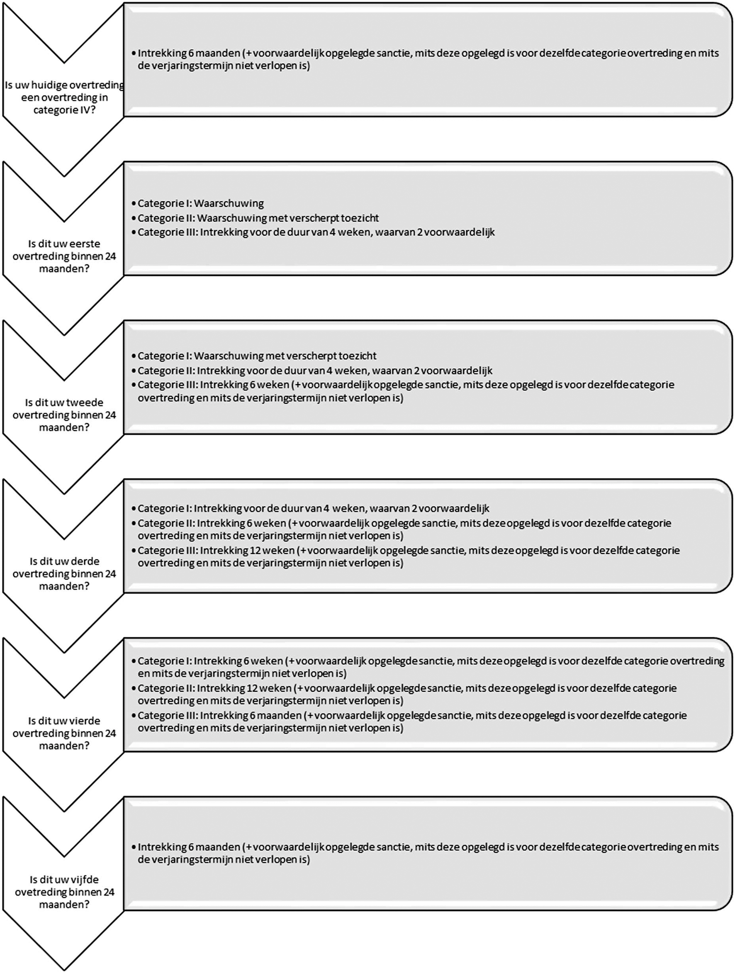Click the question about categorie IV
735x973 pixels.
pos(64,97)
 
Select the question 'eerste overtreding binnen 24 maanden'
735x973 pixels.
pos(64,256)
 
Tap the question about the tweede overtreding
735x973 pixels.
pos(64,415)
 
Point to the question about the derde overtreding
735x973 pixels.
pos(64,573)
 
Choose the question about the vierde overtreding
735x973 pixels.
pos(64,733)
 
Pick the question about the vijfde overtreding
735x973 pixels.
pos(64,892)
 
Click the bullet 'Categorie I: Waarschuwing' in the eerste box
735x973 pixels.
pos(201,203)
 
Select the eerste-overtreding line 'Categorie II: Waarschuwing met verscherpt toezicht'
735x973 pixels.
pos(258,218)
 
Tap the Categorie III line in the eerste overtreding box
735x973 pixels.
pos(316,232)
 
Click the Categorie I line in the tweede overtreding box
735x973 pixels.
pos(257,356)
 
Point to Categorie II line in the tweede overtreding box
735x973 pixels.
pos(315,370)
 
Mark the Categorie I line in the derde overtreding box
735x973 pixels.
pos(313,509)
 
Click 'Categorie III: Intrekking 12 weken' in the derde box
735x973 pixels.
pos(408,556)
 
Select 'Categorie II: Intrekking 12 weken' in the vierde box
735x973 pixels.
pos(407,694)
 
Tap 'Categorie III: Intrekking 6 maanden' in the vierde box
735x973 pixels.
pos(412,722)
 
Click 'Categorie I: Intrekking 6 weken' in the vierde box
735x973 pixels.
pos(431,667)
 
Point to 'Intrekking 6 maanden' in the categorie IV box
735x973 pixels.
pos(428,59)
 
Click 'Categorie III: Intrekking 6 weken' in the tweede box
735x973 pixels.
pos(406,391)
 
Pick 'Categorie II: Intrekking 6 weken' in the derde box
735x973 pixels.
pos(404,529)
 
